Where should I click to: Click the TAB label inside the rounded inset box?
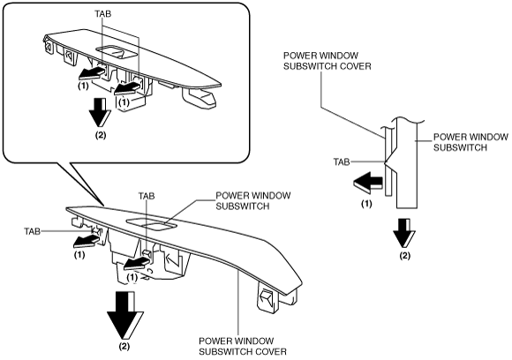(103, 14)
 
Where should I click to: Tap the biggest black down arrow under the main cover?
(125, 315)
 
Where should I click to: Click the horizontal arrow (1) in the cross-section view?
(368, 182)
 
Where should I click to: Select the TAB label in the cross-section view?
(342, 161)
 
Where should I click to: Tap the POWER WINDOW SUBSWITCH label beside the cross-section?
(471, 142)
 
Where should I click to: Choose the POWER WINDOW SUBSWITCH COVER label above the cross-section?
(328, 61)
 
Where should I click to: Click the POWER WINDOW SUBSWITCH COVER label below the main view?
(243, 346)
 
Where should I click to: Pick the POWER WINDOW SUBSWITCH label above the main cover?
(253, 200)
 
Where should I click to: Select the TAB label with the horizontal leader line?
(32, 231)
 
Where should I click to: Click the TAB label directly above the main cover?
(147, 196)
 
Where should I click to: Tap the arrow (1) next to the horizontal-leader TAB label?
(86, 241)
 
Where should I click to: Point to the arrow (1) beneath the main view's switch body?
(137, 263)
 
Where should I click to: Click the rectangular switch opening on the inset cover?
(115, 52)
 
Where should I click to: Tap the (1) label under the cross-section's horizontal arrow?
(366, 204)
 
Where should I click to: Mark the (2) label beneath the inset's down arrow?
(101, 135)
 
